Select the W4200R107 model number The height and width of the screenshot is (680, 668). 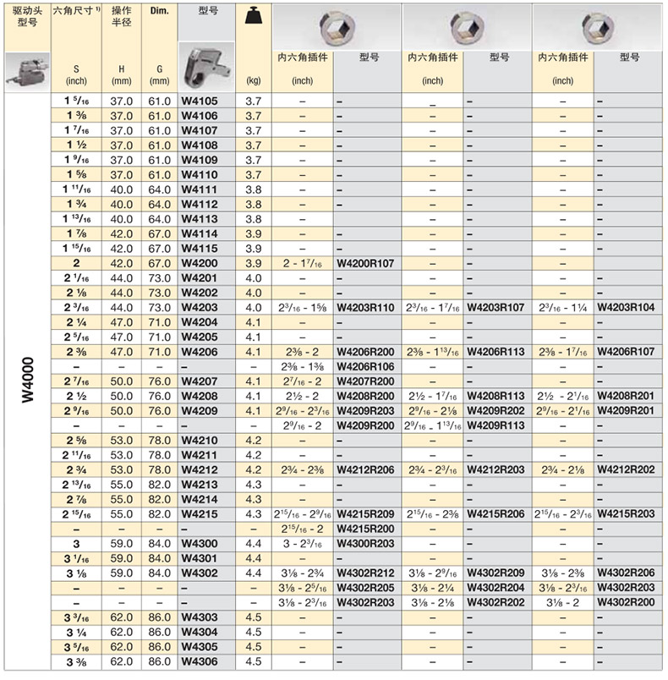365,263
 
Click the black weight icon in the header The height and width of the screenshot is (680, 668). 251,17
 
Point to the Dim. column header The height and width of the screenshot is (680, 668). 159,11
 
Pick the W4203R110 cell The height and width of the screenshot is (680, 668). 365,307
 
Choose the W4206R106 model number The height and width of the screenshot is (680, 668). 365,366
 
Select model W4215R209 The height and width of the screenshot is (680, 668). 365,513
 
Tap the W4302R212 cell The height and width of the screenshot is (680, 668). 365,573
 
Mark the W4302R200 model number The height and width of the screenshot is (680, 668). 626,601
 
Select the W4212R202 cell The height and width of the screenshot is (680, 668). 626,469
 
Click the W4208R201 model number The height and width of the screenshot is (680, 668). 626,396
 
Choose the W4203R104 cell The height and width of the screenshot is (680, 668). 626,307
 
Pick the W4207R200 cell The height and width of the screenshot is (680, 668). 365,381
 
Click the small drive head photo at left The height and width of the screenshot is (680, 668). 26,66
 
